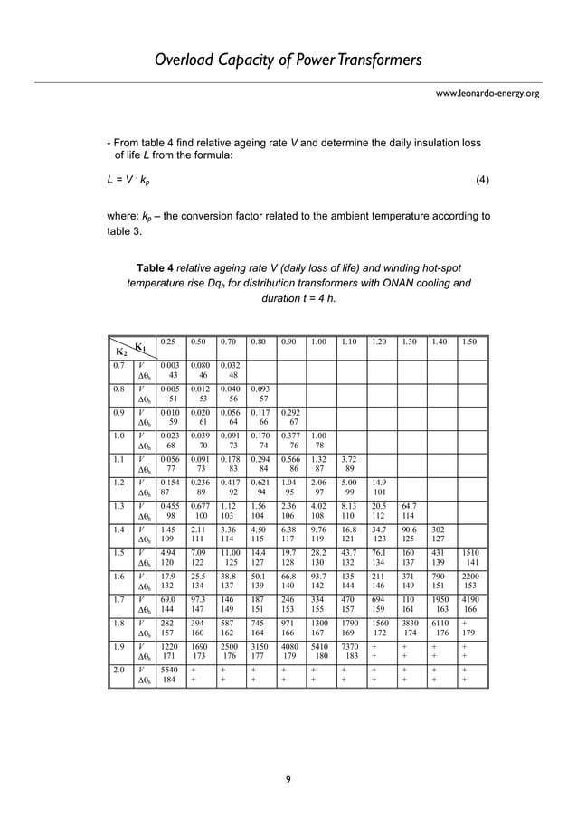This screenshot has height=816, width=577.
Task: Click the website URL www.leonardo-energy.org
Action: (x=488, y=93)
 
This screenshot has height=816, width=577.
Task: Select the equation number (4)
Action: (x=482, y=179)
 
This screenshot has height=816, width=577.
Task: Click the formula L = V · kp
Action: (x=130, y=180)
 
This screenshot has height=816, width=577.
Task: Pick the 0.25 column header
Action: (x=168, y=342)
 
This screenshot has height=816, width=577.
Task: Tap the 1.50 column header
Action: (x=470, y=342)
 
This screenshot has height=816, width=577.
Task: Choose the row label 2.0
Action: (x=118, y=670)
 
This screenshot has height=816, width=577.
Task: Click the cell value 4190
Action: (x=471, y=599)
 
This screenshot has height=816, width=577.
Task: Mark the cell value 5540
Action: (x=169, y=670)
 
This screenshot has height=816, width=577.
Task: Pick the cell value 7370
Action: (x=350, y=646)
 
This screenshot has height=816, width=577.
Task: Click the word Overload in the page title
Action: (x=185, y=61)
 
